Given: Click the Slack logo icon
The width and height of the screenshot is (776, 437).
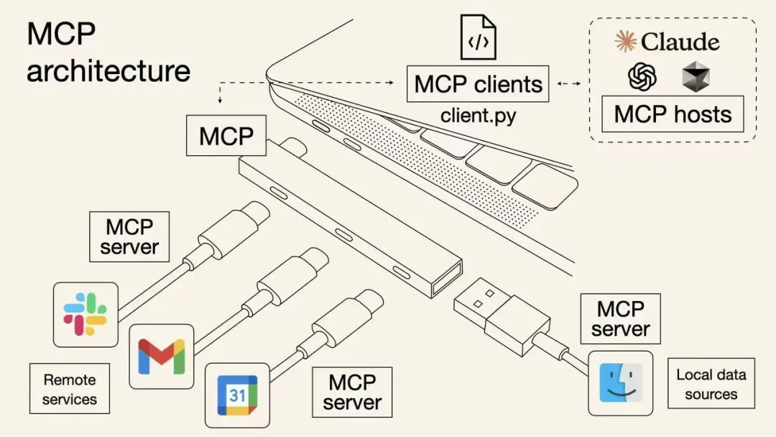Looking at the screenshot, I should pos(86,314).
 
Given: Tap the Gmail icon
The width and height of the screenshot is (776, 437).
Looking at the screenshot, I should pos(162,356).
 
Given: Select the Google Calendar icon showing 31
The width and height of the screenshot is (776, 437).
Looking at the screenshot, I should pos(237,395).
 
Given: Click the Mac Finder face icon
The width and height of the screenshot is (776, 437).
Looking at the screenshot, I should pos(620,382).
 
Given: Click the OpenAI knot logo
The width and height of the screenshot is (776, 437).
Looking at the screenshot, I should pos(642,76).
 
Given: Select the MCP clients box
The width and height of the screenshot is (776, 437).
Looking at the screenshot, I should pos(478,84).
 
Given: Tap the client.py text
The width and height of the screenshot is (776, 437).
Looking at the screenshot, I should pos(478,115).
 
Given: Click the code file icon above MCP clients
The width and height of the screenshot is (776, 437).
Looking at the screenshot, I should pos(478,37).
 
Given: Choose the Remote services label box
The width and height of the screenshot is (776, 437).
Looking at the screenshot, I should pos(69,389).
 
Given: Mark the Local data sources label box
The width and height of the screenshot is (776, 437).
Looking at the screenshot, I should pos(711,384).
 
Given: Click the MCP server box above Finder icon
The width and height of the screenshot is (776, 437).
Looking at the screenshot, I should pos(620,318).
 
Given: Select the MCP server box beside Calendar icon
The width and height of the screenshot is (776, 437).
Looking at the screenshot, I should pos(352,392).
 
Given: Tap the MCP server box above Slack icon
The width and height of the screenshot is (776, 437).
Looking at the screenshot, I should pos(129,236).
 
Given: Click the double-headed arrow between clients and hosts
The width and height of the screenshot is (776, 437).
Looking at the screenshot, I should pos(569,85).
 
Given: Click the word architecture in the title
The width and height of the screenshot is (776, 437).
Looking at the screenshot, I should pos(108,70).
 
